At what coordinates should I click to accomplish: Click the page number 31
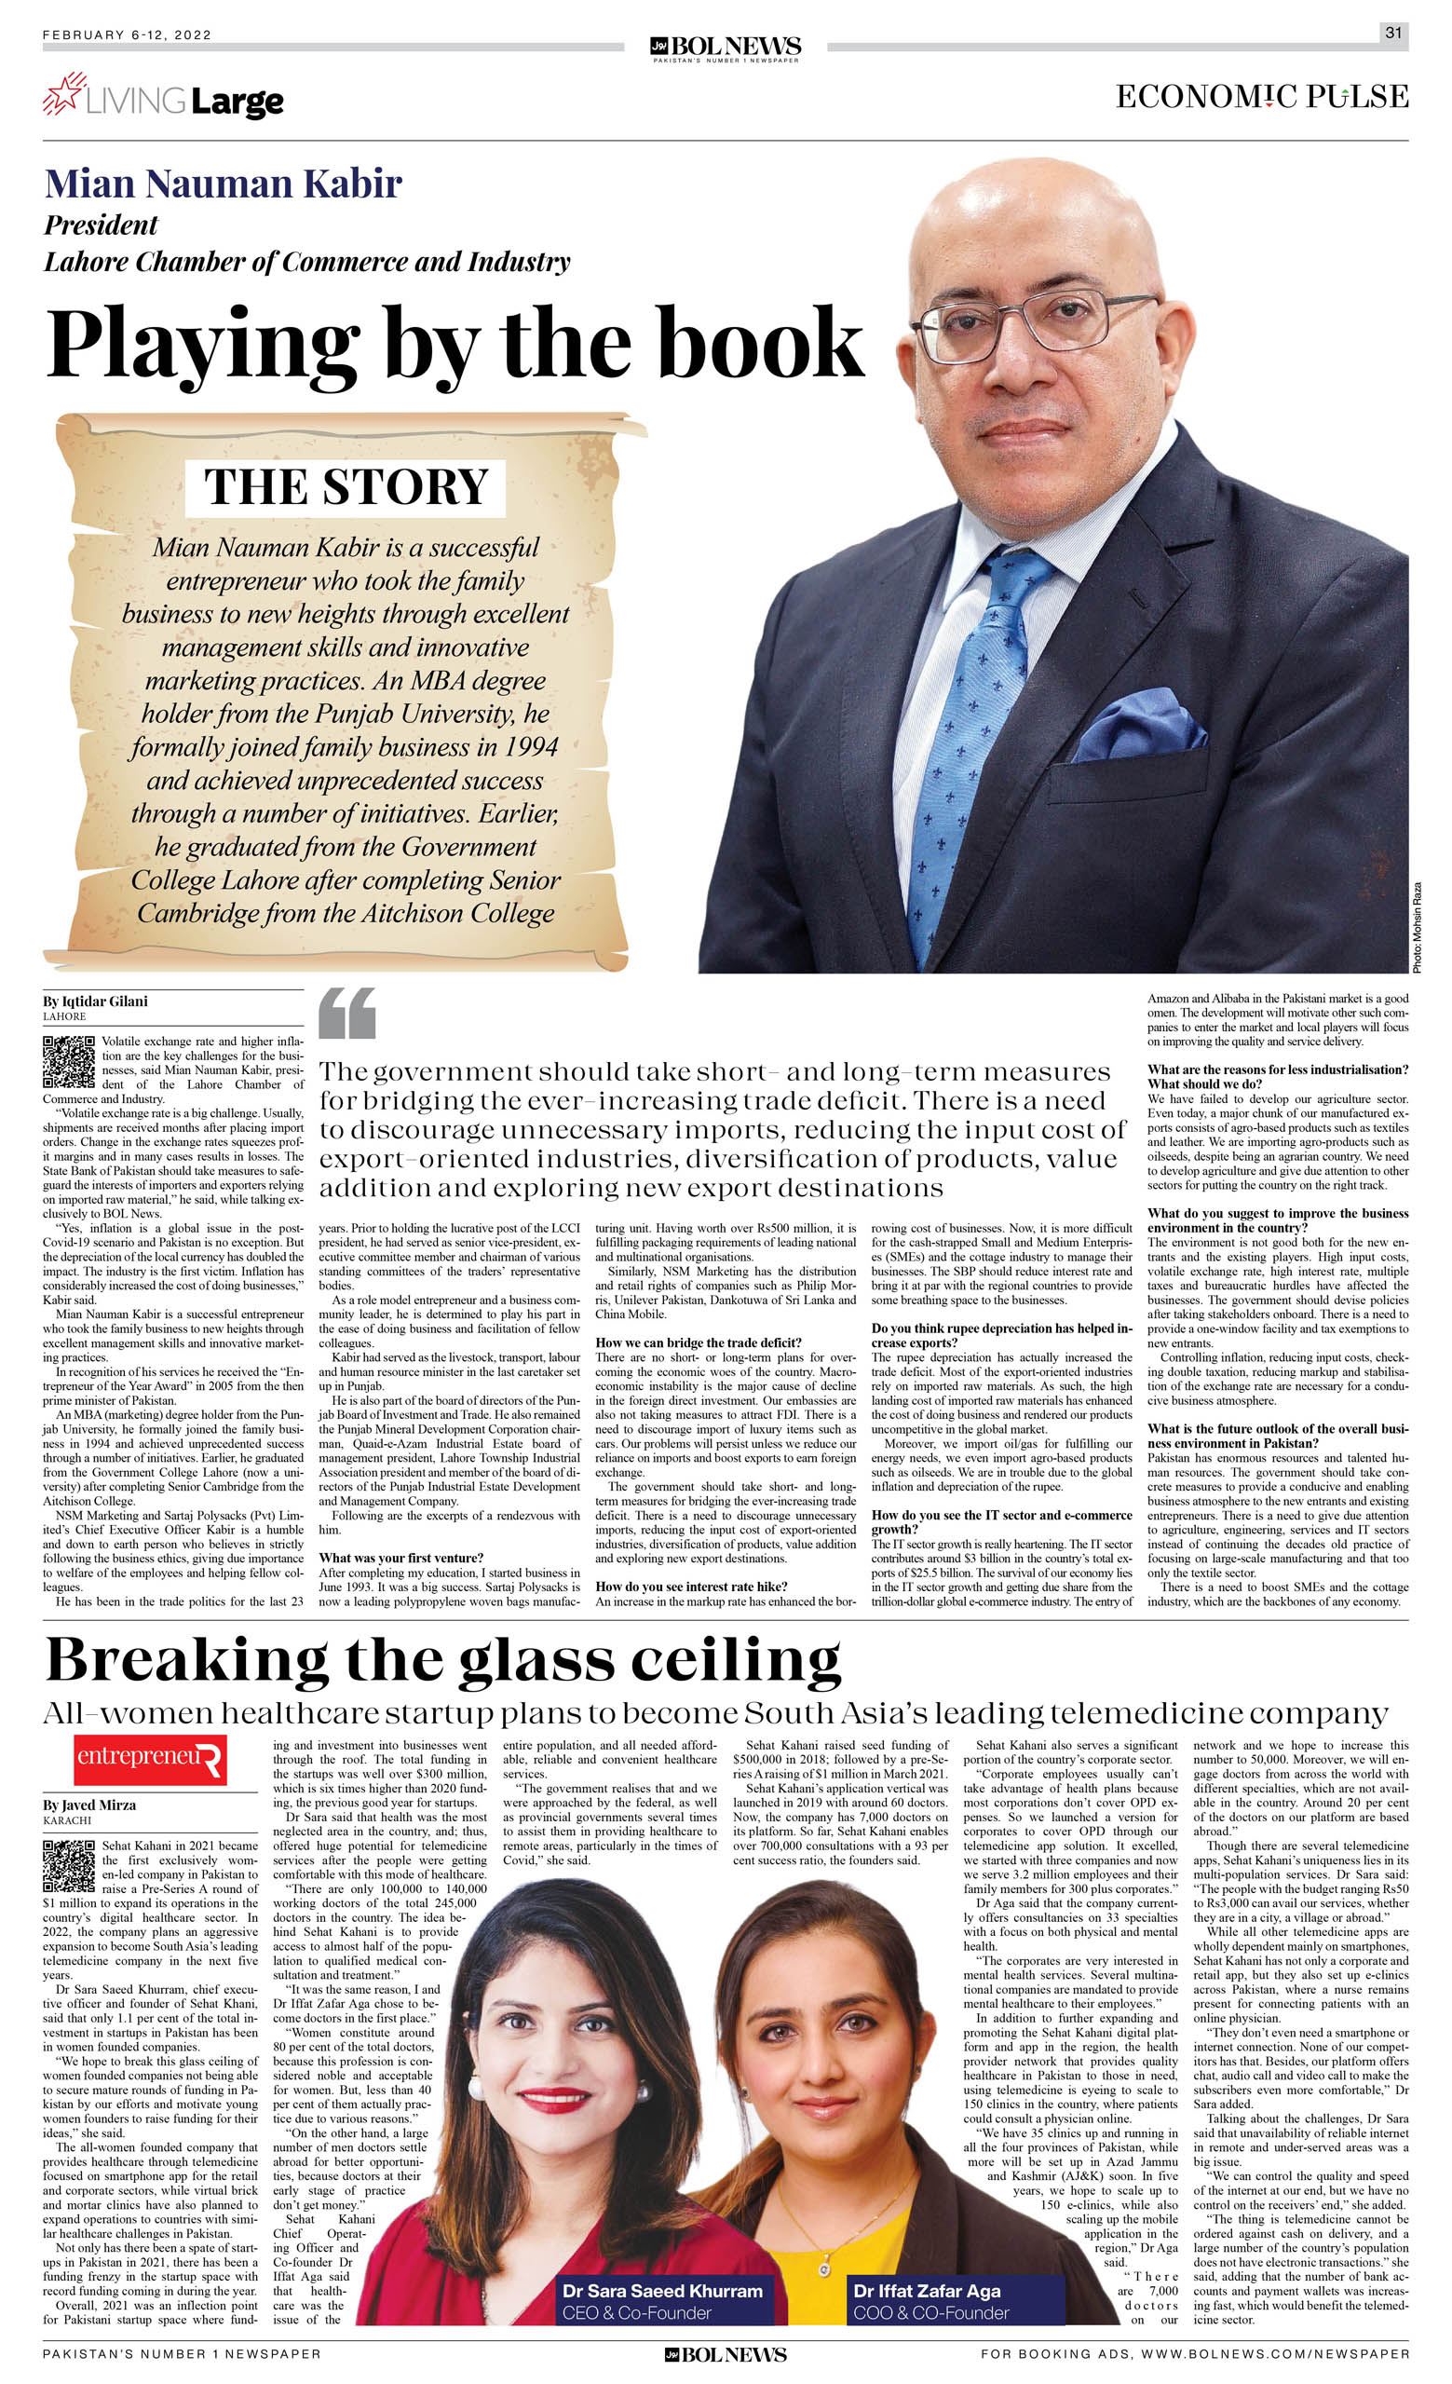tap(1393, 33)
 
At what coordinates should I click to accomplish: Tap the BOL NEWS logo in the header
tap(726, 48)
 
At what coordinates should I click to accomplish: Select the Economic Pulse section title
tap(1261, 97)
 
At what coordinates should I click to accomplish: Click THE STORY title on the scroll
tap(346, 486)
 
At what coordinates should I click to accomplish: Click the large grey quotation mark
tap(346, 1013)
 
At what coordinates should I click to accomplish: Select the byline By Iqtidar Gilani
tap(95, 1001)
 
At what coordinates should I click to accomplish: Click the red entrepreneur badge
tap(150, 1758)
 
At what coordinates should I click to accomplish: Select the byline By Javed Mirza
tap(89, 1805)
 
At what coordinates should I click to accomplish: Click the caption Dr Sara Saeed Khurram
tap(661, 2291)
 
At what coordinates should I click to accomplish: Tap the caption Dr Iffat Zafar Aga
tap(926, 2291)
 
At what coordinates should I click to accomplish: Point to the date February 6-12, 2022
tap(127, 34)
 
